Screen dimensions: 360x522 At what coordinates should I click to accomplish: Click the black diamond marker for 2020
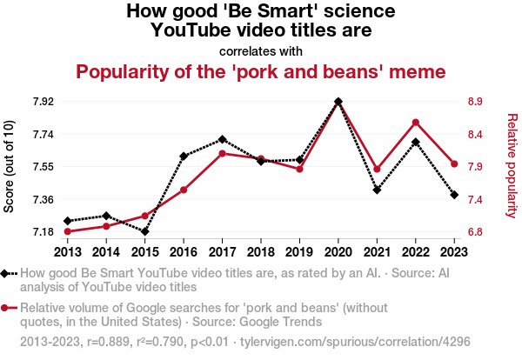[338, 102]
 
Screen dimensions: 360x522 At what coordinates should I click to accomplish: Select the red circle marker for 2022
[416, 122]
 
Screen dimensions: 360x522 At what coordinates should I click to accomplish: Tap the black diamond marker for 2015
[144, 231]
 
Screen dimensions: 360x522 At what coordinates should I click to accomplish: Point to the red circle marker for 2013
[67, 231]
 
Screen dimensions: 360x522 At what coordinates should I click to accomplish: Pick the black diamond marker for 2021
[377, 190]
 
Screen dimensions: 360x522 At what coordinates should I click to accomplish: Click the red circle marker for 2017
[222, 154]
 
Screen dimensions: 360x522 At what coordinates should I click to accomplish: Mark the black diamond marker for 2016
[184, 157]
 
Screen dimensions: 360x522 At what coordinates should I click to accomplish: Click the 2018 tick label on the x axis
[261, 252]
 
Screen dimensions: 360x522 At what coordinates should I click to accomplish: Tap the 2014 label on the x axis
[106, 252]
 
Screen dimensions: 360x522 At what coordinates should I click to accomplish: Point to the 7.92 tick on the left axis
[43, 102]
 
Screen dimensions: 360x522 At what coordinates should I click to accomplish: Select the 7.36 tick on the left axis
[43, 199]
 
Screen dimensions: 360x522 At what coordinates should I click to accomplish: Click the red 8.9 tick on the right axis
[475, 102]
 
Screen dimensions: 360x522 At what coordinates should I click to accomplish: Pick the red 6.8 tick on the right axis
[475, 232]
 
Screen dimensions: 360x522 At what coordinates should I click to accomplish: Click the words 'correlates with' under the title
[261, 50]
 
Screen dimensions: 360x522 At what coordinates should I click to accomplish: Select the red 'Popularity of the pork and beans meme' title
[261, 70]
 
